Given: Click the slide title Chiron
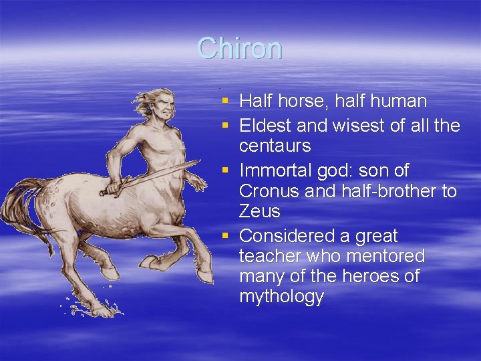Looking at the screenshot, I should tap(240, 48).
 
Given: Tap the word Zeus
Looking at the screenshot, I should tap(259, 211).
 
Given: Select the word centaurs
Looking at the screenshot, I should tap(274, 146).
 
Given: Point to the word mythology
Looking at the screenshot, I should tap(281, 297).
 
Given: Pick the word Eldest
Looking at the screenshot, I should tap(263, 126).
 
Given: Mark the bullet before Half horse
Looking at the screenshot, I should tap(226, 102).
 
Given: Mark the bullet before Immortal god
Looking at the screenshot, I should tap(226, 171).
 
